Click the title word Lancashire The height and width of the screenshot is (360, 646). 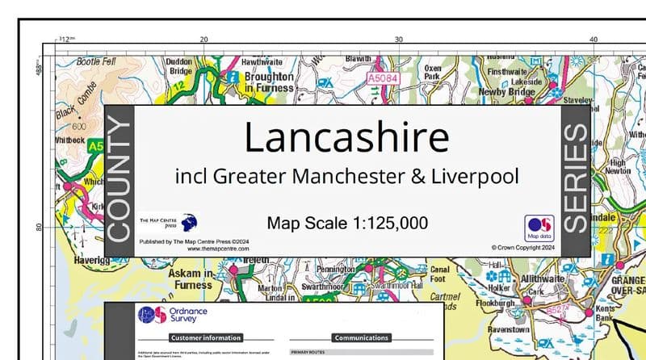346,138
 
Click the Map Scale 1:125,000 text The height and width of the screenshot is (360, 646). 347,223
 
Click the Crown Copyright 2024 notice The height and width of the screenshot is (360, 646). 524,248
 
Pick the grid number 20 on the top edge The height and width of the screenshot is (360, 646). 203,40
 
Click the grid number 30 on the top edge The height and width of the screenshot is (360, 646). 398,40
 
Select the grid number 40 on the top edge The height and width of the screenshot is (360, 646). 593,40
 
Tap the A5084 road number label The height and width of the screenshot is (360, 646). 382,79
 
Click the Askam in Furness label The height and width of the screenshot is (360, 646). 190,278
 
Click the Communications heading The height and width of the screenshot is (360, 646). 361,337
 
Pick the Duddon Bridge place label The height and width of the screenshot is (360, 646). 178,66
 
